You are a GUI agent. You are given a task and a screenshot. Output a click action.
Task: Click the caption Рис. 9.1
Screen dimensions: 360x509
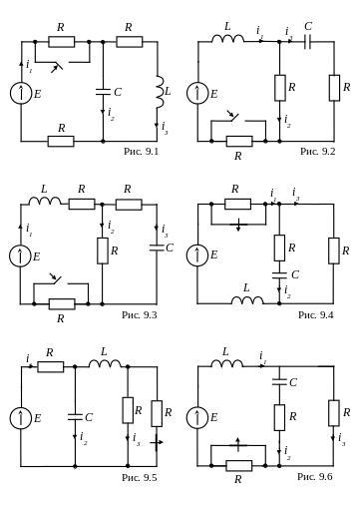pyautogui.click(x=141, y=152)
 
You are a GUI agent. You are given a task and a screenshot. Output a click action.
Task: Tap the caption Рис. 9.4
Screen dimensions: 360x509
pyautogui.click(x=315, y=314)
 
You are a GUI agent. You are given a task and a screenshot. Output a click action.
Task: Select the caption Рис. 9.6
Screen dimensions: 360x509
pyautogui.click(x=315, y=476)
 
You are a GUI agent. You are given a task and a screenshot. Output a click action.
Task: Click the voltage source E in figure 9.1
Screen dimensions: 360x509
pyautogui.click(x=21, y=93)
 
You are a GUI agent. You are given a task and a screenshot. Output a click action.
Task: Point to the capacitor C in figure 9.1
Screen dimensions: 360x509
pyautogui.click(x=103, y=92)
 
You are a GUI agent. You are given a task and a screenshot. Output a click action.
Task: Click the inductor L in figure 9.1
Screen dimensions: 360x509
pyautogui.click(x=160, y=92)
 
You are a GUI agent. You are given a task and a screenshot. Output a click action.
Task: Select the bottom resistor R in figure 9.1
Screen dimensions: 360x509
pyautogui.click(x=61, y=141)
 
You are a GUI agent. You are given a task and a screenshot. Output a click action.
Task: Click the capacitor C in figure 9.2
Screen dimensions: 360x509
pyautogui.click(x=307, y=42)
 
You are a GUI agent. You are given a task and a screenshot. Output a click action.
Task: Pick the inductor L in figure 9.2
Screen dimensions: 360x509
pyautogui.click(x=227, y=39)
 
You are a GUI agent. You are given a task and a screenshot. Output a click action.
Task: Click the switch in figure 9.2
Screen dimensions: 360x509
pyautogui.click(x=238, y=122)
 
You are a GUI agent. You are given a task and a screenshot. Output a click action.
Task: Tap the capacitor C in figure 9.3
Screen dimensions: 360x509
pyautogui.click(x=157, y=248)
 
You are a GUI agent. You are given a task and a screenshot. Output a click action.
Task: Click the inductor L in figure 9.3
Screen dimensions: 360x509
pyautogui.click(x=45, y=201)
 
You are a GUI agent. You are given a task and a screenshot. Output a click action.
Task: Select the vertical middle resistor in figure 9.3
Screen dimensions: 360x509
pyautogui.click(x=103, y=251)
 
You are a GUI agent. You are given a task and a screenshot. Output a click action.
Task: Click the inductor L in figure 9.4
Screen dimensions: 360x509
pyautogui.click(x=247, y=300)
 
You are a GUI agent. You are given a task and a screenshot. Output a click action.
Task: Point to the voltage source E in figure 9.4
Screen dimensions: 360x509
pyautogui.click(x=197, y=255)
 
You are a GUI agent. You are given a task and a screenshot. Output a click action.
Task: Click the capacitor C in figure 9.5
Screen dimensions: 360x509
pyautogui.click(x=75, y=417)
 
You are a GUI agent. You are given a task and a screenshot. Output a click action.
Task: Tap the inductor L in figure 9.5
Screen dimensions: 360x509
pyautogui.click(x=105, y=363)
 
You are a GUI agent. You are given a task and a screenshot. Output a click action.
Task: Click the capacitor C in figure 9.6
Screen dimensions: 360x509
pyautogui.click(x=279, y=382)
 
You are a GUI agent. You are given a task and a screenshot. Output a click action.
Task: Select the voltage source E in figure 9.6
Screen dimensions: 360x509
pyautogui.click(x=197, y=418)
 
